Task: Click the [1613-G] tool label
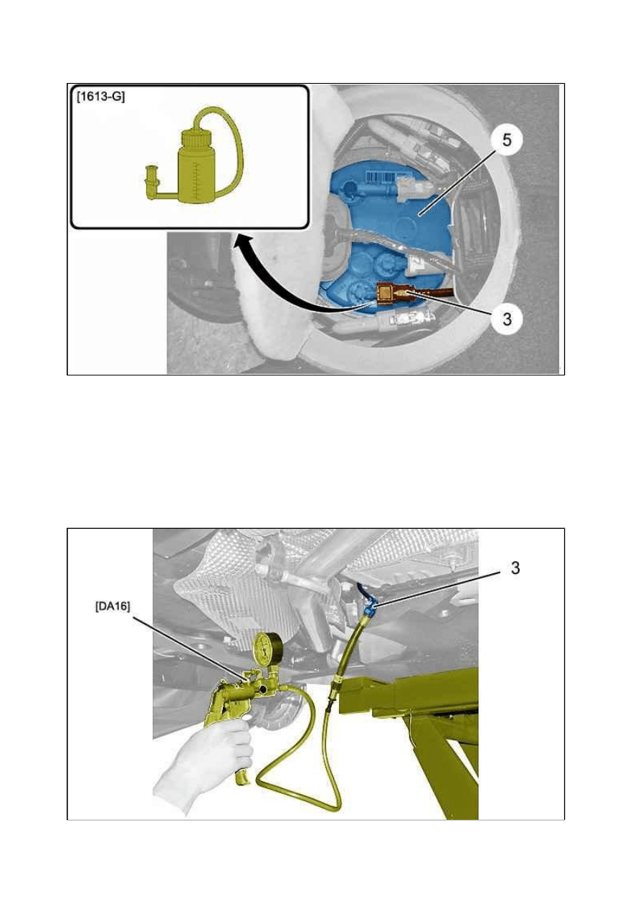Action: (100, 97)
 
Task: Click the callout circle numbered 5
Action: (506, 140)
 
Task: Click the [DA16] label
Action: (113, 607)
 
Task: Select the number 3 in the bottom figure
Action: (515, 569)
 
